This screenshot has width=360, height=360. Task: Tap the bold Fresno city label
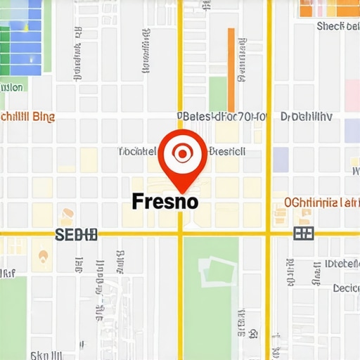click(165, 201)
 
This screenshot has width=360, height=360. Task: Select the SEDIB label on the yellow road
click(76, 234)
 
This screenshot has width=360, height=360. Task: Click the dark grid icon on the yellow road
click(303, 233)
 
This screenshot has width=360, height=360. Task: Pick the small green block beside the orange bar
click(217, 94)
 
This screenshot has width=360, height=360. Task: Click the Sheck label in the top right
click(338, 27)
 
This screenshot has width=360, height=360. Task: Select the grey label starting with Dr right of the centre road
click(306, 117)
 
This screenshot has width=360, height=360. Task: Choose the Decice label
click(346, 288)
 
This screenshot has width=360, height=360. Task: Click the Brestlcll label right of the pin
click(228, 150)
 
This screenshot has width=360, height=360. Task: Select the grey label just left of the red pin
click(136, 151)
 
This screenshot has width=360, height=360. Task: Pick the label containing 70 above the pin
click(221, 117)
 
